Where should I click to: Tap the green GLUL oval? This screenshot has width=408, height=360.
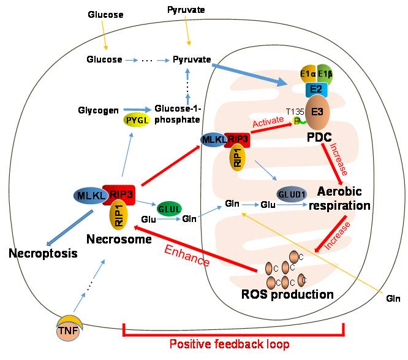[x=170, y=207]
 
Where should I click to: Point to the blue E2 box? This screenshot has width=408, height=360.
[x=315, y=89]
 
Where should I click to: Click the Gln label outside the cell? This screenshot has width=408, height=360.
[x=393, y=299]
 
